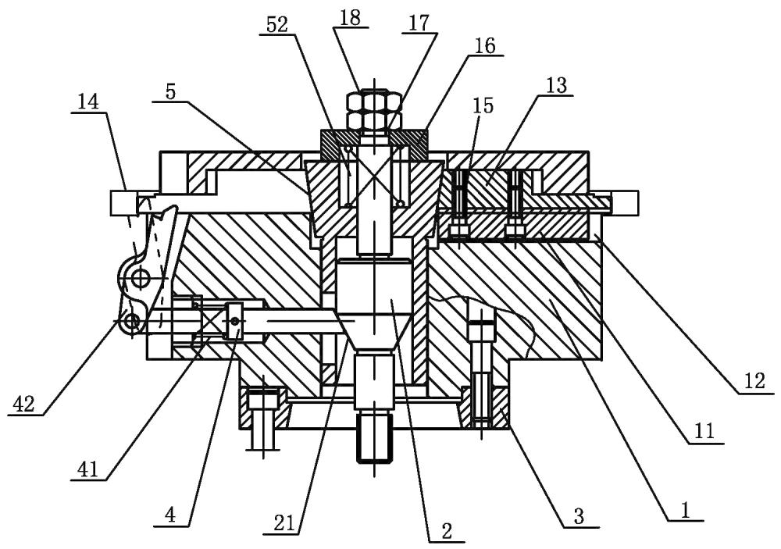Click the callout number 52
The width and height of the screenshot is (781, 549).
277,26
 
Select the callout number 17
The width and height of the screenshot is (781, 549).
419,23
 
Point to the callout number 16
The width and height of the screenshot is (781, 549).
486,45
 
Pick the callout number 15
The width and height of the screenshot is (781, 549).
483,105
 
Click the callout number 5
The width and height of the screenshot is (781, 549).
170,93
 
